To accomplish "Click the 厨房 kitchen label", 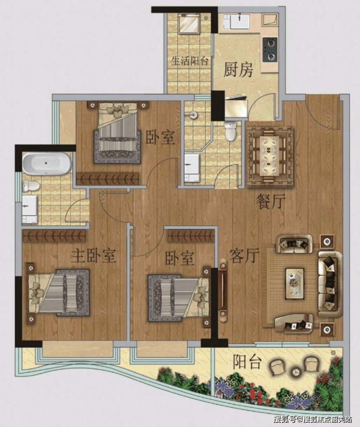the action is coord(238,70).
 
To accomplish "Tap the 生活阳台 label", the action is coord(190,61).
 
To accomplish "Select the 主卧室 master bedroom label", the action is coord(93,256).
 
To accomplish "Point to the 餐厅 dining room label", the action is coord(271,201).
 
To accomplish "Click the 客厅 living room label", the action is coord(244,256).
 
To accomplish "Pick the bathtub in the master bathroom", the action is coord(46,164).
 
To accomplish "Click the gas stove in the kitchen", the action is coord(270,50).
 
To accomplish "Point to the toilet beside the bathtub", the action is coord(30,186).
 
